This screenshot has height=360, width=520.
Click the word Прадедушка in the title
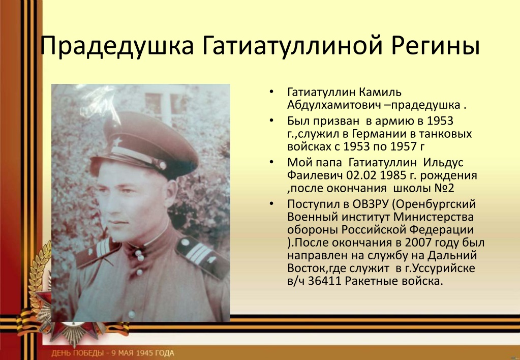(117, 46)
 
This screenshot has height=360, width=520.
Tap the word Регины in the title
(436, 46)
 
